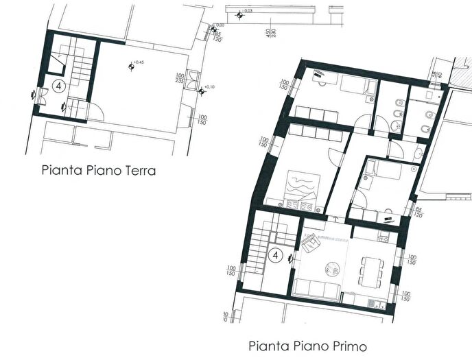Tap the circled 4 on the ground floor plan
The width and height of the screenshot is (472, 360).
pos(60,87)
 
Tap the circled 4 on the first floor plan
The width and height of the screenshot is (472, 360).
pos(276,256)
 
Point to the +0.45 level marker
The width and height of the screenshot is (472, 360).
pos(131,66)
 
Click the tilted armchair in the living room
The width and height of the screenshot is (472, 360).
pos(313,242)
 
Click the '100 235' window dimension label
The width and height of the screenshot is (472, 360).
pos(178,79)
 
